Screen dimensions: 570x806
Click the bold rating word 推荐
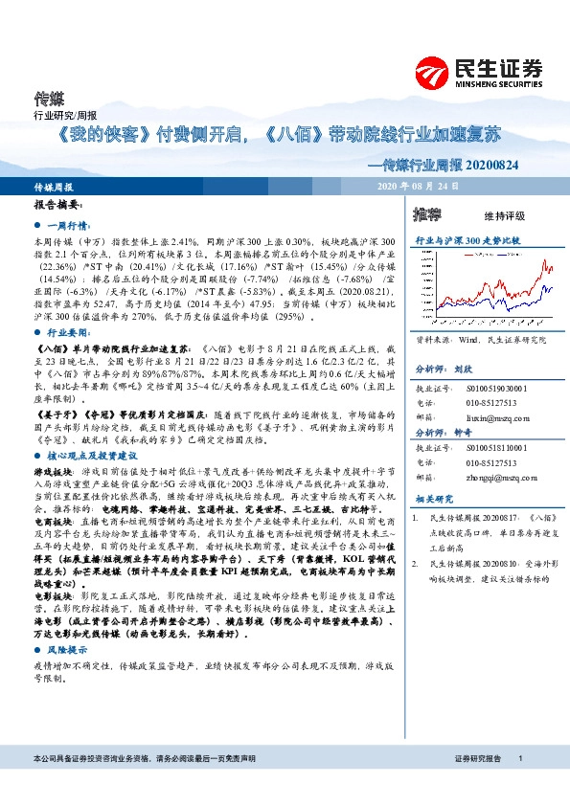pos(427,213)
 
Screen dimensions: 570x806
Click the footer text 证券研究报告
pos(478,758)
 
